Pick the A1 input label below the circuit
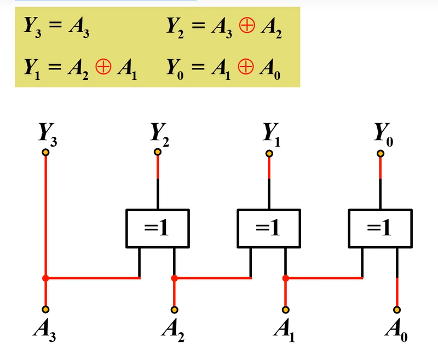pos(283,330)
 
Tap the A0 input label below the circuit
pos(396,330)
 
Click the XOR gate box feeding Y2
pos(158,228)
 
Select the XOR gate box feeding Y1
pos(268,228)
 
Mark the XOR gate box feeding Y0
pos(379,228)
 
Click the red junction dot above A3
pos(45,278)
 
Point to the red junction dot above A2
pos(175,278)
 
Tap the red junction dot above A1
pos(285,278)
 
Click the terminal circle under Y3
pos(45,153)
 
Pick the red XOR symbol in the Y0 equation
pos(244,68)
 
